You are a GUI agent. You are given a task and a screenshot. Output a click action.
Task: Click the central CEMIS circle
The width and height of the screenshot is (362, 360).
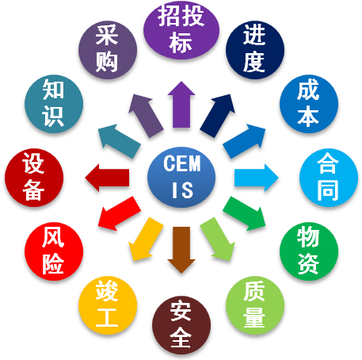[x=181, y=177]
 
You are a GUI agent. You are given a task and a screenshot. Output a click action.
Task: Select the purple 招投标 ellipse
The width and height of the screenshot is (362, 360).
[x=181, y=30]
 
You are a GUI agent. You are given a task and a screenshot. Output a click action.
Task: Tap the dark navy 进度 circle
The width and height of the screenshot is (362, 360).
[x=255, y=50]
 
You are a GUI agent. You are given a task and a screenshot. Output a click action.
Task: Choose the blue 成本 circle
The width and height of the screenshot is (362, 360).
[x=309, y=104]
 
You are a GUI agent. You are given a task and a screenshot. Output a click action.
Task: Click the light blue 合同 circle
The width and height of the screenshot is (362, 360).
[x=329, y=178]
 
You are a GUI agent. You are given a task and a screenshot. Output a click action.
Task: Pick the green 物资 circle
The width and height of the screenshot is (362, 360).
[x=309, y=251]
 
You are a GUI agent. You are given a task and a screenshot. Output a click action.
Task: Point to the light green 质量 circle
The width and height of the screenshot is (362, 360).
[x=255, y=305]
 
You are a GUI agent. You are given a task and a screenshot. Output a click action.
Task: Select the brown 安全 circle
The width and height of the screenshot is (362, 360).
[x=181, y=325]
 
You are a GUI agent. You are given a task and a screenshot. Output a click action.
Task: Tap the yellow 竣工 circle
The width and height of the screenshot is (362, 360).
[x=108, y=305]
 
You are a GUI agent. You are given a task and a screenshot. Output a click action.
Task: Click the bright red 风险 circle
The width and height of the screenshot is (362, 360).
[x=54, y=251]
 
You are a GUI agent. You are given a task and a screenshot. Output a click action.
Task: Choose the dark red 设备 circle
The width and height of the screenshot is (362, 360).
[x=34, y=178]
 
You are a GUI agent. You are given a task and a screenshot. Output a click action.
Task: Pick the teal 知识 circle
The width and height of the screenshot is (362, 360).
[x=54, y=104]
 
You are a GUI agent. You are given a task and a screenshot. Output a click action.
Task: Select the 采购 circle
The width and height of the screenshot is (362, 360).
[x=108, y=50]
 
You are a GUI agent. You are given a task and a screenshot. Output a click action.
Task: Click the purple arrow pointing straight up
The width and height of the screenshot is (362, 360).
[x=181, y=105]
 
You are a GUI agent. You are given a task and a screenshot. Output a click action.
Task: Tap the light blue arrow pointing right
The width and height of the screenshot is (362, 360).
[x=256, y=178]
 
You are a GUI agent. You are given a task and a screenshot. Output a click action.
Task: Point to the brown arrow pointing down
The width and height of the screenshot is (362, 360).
[x=181, y=250]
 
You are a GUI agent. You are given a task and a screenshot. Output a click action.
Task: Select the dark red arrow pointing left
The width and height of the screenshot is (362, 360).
[x=107, y=178]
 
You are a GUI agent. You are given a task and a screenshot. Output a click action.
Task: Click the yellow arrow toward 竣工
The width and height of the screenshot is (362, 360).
[x=145, y=239]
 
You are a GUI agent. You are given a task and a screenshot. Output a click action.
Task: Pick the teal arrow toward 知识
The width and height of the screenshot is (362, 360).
[x=120, y=141]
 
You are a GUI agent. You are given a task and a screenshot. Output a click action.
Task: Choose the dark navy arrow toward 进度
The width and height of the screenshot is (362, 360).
[x=218, y=116]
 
